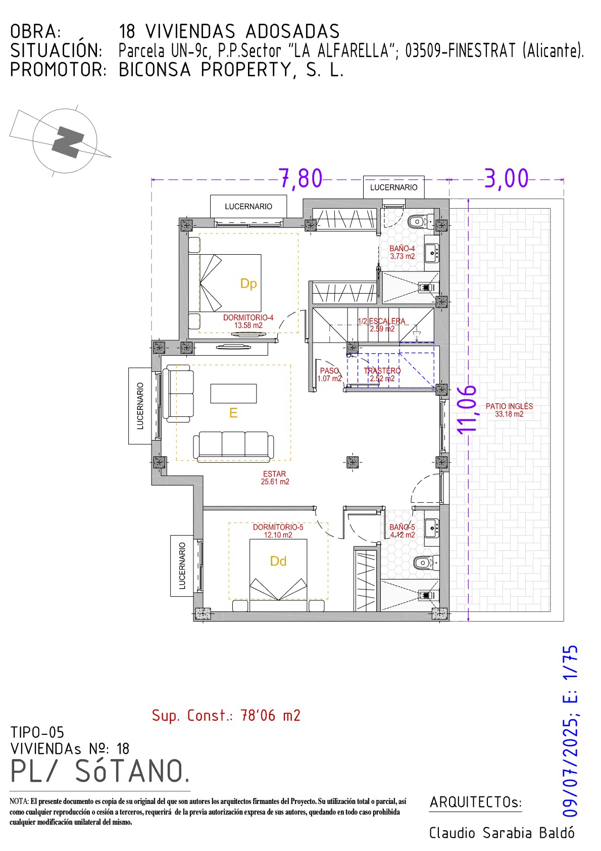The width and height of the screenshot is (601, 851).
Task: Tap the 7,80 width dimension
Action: [x=301, y=178]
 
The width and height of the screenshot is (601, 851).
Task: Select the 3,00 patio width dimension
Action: [x=506, y=178]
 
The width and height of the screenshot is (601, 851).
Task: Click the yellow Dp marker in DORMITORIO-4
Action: [x=248, y=283]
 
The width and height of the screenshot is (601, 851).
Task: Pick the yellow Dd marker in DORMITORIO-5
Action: [x=278, y=561]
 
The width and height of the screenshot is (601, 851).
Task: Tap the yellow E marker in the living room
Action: [x=233, y=413]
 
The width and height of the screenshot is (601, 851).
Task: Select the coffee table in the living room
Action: [x=233, y=393]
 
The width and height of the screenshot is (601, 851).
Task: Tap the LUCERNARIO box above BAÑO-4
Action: [x=394, y=187]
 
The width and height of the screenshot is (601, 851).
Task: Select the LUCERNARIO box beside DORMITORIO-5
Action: [x=182, y=566]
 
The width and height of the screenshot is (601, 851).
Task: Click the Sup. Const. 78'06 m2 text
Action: [x=226, y=716]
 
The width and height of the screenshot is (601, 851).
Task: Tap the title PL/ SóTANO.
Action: [x=101, y=772]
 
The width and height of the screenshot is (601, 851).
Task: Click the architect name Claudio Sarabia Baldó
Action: [x=502, y=833]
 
